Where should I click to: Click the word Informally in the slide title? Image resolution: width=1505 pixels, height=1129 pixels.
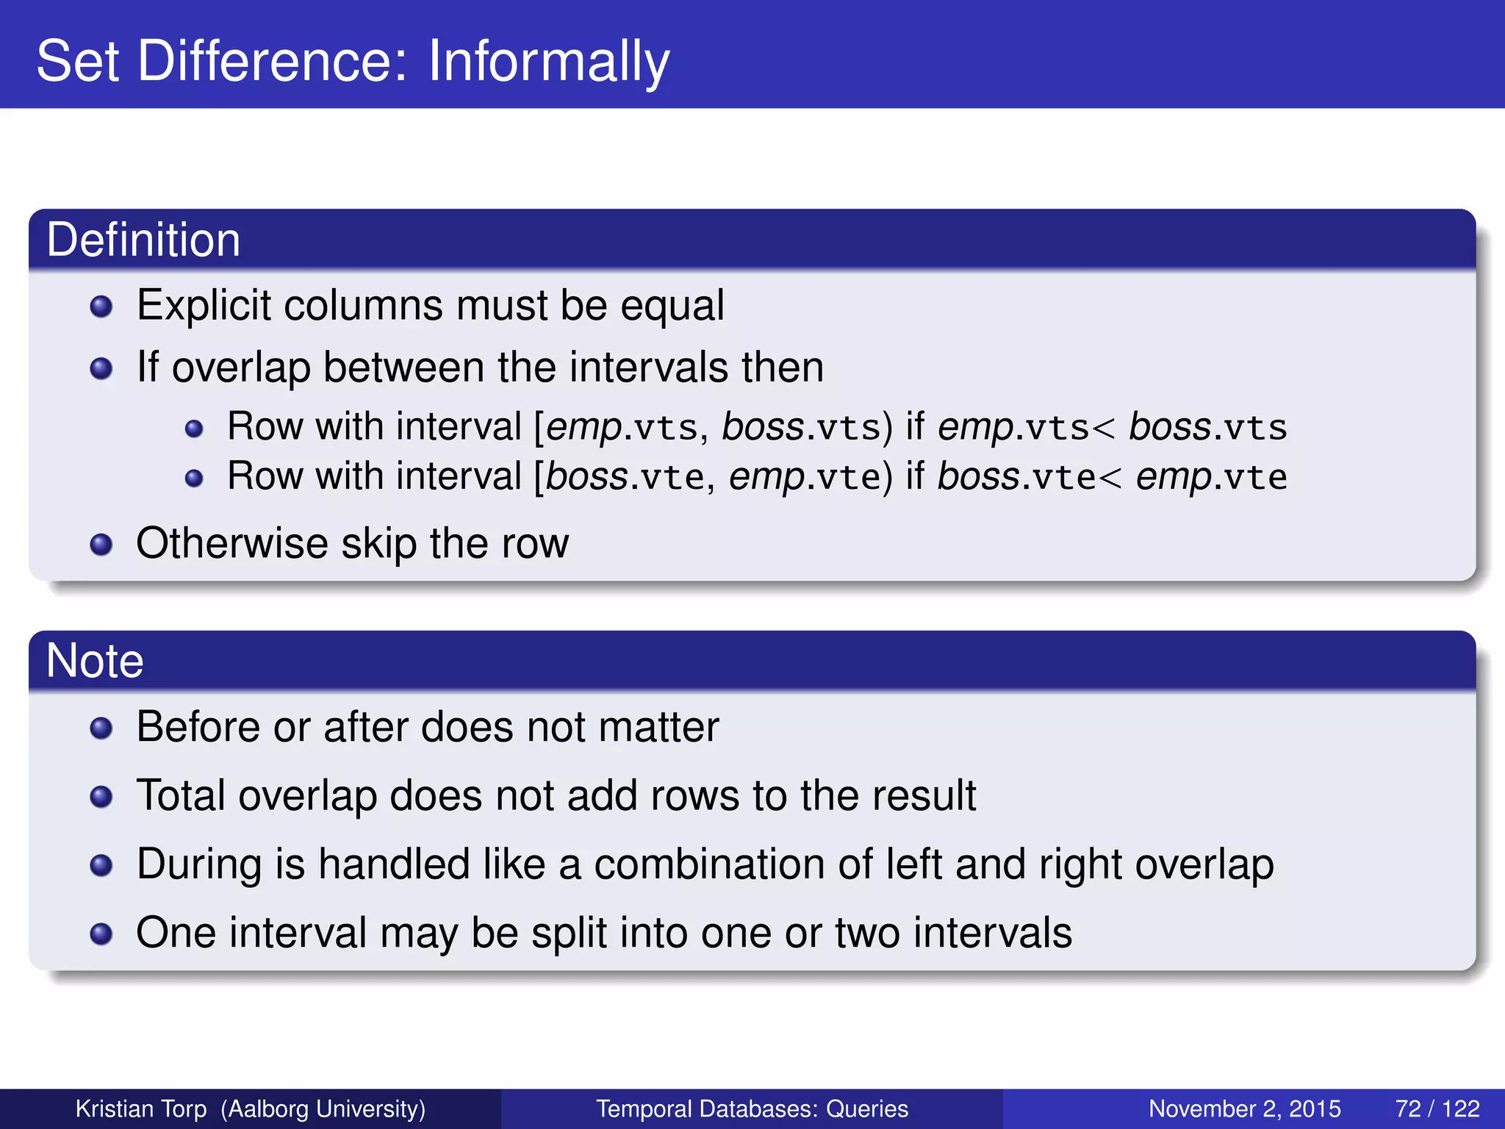[548, 62]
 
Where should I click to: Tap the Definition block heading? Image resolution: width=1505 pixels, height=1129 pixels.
[143, 240]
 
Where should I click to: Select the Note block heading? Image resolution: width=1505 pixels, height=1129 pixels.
[95, 660]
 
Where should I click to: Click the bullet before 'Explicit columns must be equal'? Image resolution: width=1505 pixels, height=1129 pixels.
[101, 307]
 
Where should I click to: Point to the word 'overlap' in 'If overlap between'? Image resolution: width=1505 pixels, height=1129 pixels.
[240, 368]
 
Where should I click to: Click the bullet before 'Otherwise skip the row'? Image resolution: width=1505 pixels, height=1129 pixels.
[101, 545]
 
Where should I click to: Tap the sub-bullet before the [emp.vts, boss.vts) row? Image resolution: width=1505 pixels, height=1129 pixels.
[193, 429]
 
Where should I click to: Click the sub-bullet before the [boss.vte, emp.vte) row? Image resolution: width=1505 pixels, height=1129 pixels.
[193, 479]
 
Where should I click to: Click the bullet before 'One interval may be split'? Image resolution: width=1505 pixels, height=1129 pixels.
[101, 934]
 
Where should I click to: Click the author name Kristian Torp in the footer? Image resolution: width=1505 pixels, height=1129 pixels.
[141, 1108]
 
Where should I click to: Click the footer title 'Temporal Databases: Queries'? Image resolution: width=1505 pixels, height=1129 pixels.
[752, 1108]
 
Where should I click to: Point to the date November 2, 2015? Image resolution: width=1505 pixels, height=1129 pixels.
[1244, 1108]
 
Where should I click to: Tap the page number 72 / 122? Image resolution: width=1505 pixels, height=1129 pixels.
[1437, 1108]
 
